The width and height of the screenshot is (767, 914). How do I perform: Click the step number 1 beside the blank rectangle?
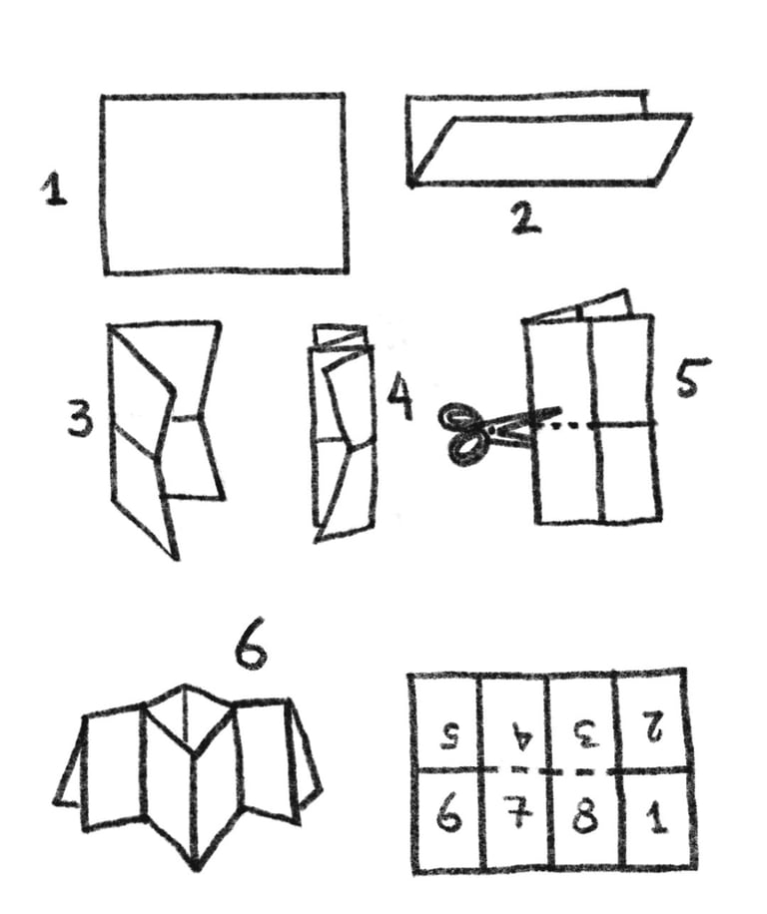[x=55, y=188]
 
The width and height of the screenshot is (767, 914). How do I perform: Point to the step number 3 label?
[x=80, y=417]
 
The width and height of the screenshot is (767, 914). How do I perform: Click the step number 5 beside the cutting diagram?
[x=692, y=378]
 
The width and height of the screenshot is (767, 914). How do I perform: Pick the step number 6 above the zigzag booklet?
[x=251, y=649]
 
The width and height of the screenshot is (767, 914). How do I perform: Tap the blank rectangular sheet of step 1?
[x=225, y=183]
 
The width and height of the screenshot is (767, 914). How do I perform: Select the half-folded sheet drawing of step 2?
[x=548, y=139]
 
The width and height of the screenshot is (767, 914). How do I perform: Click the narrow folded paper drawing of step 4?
[x=343, y=434]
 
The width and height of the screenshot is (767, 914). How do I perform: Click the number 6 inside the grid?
[x=449, y=814]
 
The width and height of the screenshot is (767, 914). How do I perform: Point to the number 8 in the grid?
[x=585, y=814]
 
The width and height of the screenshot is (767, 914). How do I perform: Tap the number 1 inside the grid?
[x=657, y=815]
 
